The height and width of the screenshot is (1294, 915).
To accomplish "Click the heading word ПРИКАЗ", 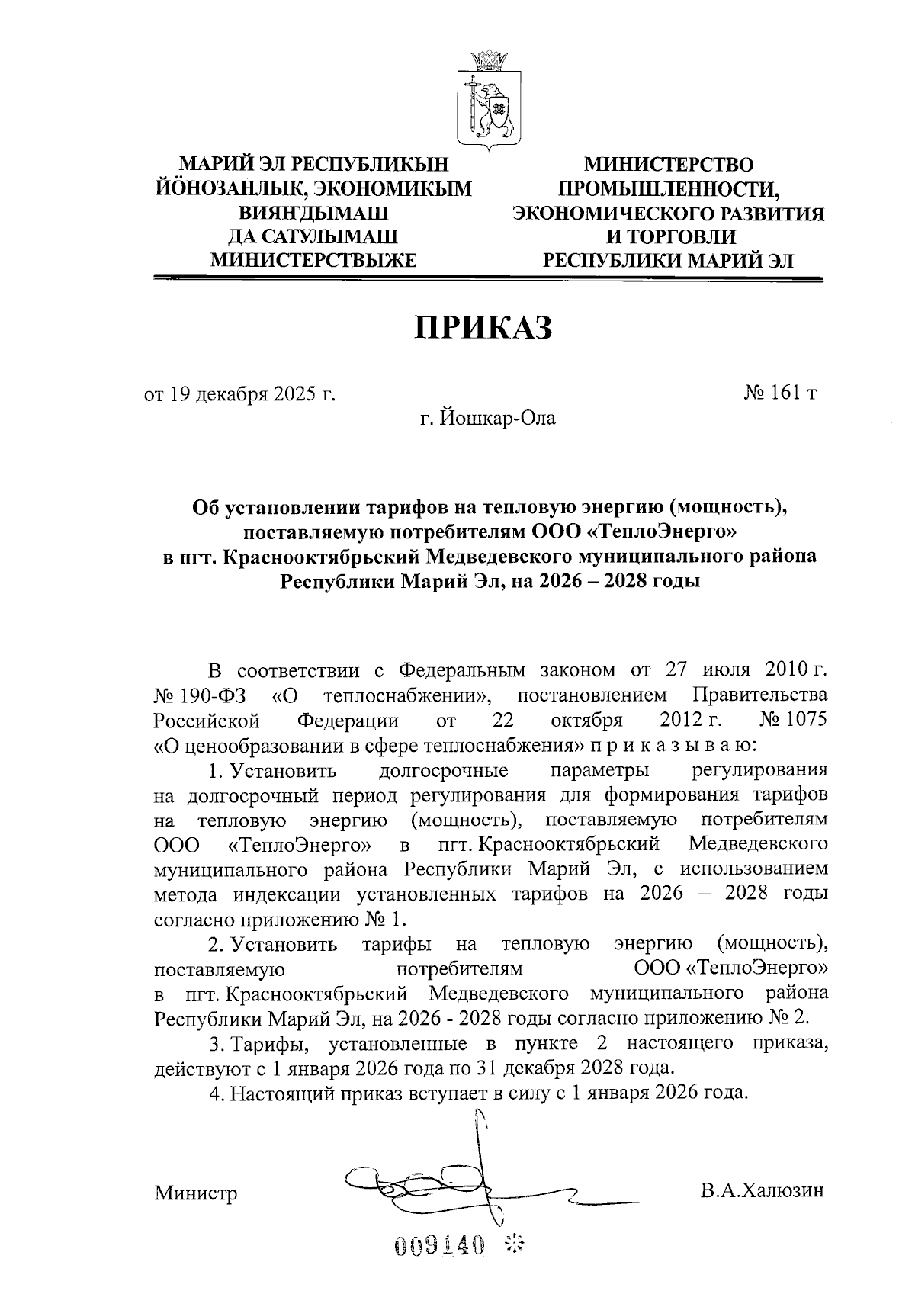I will click(482, 327).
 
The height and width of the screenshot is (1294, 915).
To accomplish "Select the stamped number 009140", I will click(440, 1246).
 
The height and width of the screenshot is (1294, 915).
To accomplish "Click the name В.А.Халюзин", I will click(763, 1191).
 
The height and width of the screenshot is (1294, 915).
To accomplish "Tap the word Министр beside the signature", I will click(195, 1193).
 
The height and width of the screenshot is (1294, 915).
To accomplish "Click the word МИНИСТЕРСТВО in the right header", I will click(669, 165).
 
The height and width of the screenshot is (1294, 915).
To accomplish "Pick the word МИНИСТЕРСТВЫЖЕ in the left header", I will click(313, 261).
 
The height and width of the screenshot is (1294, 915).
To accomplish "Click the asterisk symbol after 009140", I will click(516, 1246).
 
